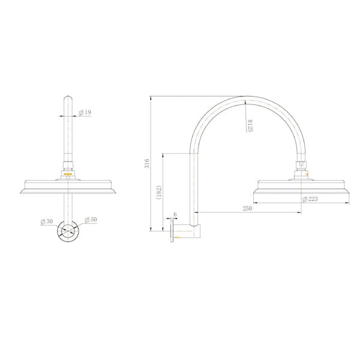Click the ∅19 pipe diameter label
point(86,112)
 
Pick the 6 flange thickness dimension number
point(175,214)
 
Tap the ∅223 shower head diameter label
point(311,199)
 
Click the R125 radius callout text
point(250,125)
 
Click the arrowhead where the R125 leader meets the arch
point(245,101)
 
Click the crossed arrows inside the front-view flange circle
point(70,232)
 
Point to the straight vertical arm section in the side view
point(194,186)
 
